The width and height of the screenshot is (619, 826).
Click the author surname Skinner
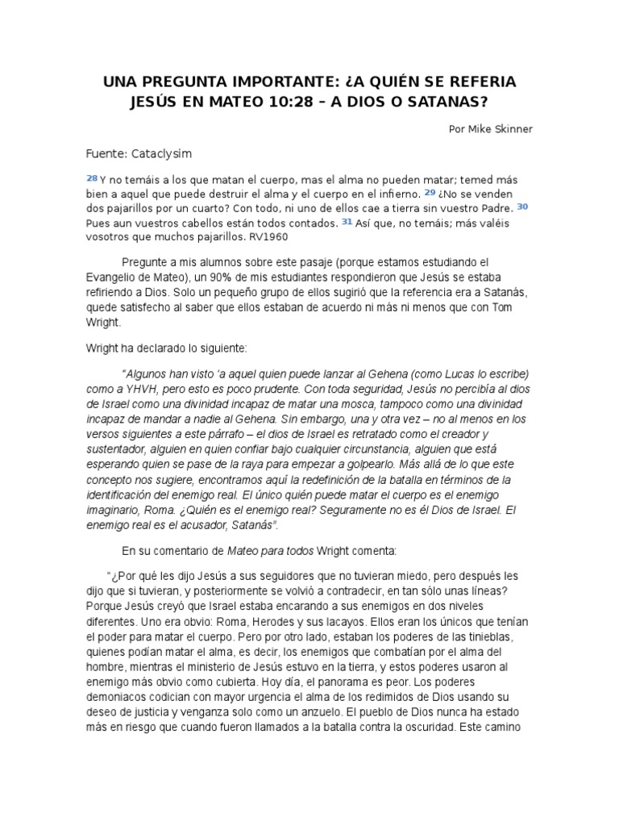tap(513, 127)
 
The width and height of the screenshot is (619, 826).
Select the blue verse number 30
tap(522, 206)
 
